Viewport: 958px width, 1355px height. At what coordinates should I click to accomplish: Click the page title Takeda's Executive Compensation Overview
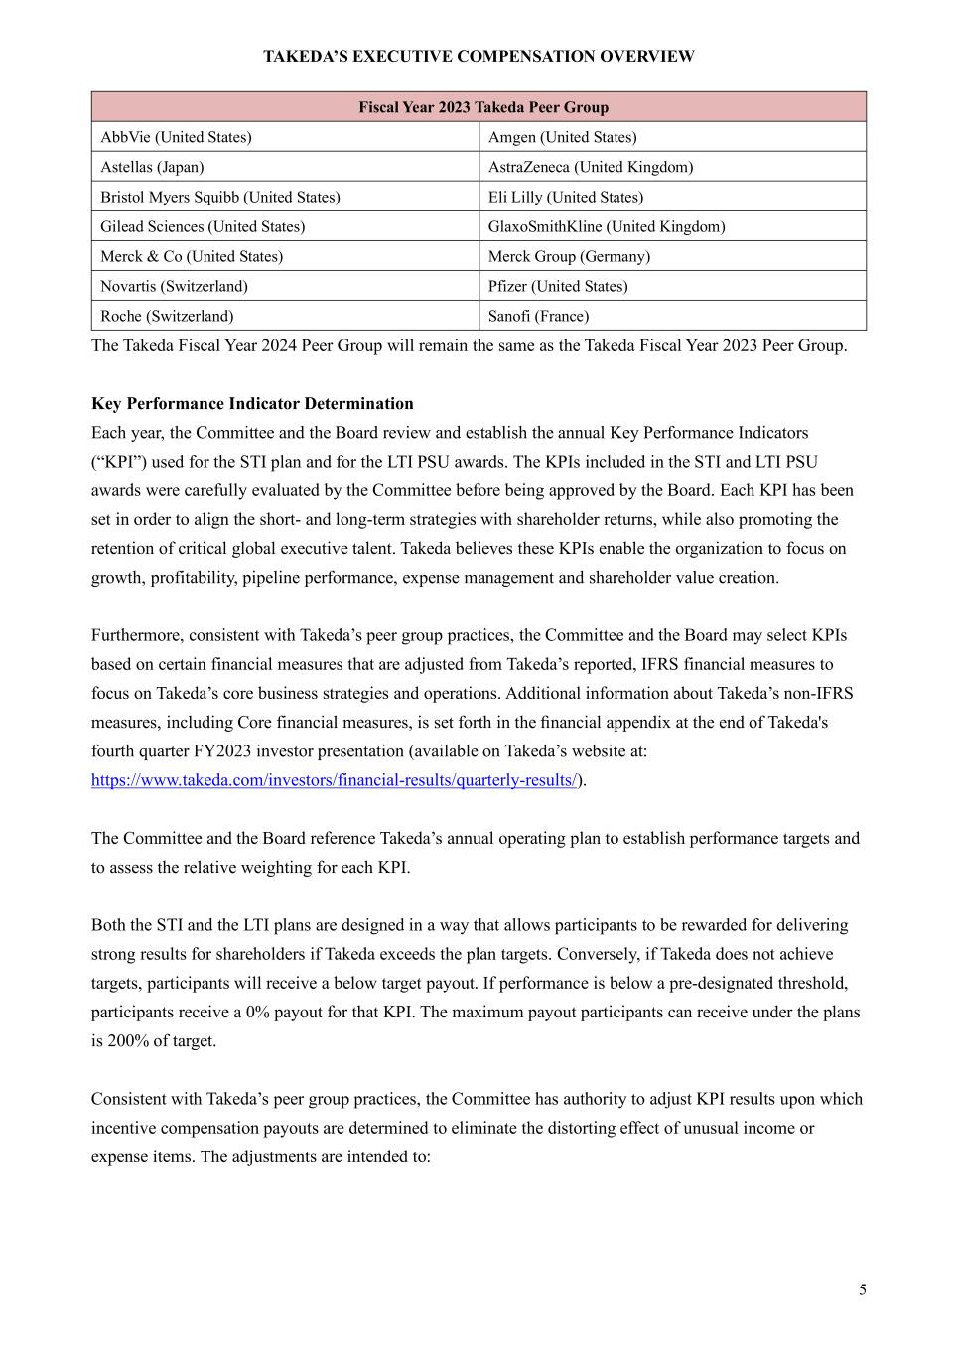click(479, 57)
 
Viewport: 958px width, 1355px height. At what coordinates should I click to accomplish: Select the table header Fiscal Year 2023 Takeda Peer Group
click(483, 107)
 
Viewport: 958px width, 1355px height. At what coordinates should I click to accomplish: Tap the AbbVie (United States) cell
click(176, 137)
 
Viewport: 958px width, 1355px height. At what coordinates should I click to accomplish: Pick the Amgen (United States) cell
click(562, 137)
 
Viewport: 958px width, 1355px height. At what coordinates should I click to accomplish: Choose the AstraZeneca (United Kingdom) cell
click(591, 167)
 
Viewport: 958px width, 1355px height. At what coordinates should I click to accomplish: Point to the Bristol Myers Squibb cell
click(219, 197)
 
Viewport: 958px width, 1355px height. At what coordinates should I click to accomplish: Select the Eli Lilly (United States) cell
click(565, 197)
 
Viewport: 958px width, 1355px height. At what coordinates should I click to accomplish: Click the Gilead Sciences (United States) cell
click(203, 226)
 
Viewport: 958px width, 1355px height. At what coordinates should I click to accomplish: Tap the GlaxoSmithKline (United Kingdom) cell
click(607, 226)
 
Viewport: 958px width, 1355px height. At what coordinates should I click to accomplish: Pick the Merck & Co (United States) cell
click(192, 256)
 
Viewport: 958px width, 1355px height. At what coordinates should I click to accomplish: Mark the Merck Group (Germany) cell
click(569, 256)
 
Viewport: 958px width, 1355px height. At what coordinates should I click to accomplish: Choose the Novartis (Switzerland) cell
click(174, 286)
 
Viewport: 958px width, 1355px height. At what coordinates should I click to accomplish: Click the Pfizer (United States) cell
click(558, 286)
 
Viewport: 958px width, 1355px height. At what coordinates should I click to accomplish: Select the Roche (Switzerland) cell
click(167, 316)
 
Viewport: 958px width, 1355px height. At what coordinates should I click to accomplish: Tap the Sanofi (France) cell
click(538, 316)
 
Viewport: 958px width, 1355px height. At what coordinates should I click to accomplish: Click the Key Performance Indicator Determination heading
click(252, 404)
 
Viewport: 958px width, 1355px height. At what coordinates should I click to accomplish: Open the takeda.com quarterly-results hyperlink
click(335, 780)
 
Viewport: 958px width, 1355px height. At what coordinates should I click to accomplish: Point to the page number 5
click(862, 1289)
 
